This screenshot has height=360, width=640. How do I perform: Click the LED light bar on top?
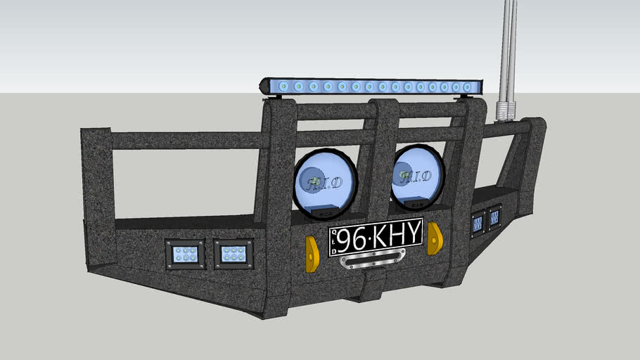point(373,87)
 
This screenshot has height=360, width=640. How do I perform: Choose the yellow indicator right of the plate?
point(435,238)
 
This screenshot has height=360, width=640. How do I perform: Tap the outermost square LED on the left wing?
point(186,254)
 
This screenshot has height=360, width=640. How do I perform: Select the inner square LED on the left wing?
point(233,254)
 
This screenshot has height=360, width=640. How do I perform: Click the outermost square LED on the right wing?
point(495,218)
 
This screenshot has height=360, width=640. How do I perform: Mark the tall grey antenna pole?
point(508,49)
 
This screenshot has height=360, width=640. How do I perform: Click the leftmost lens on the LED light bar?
point(283,86)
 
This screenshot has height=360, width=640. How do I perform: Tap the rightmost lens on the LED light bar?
point(468,88)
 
